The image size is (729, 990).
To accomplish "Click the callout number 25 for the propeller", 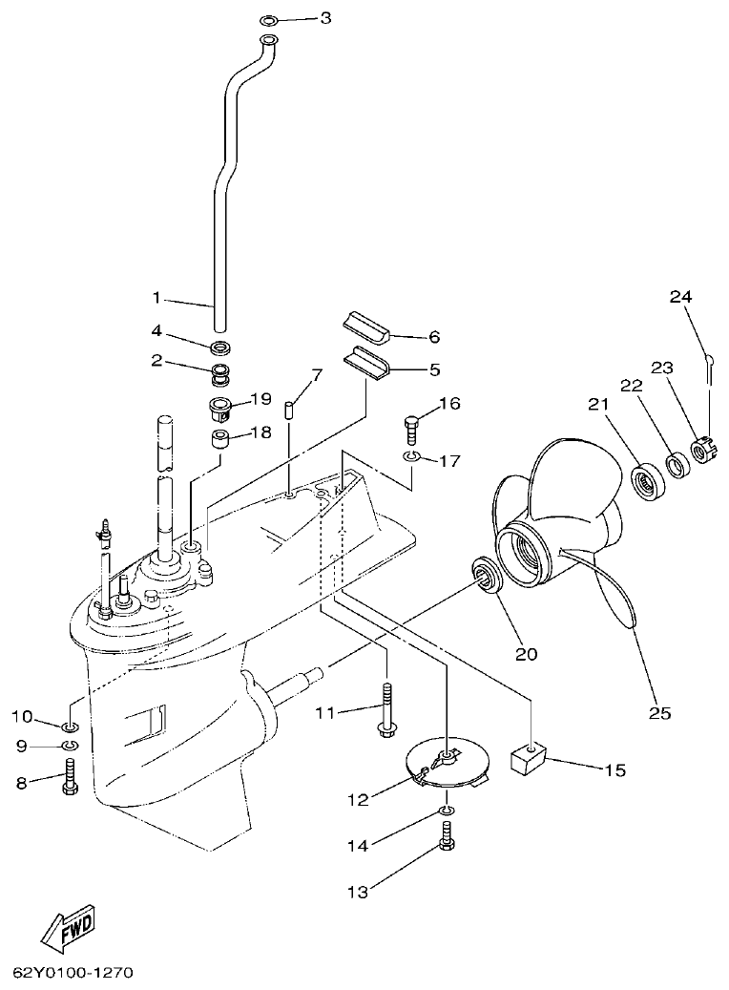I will click(660, 712).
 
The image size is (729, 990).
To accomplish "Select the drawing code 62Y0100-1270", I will click(72, 974).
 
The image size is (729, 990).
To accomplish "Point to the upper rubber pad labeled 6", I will click(364, 325).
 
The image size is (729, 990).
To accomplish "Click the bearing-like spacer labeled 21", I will click(652, 476).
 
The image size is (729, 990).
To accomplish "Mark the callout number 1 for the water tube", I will click(158, 298).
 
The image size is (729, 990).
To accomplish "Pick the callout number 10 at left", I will click(21, 716).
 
